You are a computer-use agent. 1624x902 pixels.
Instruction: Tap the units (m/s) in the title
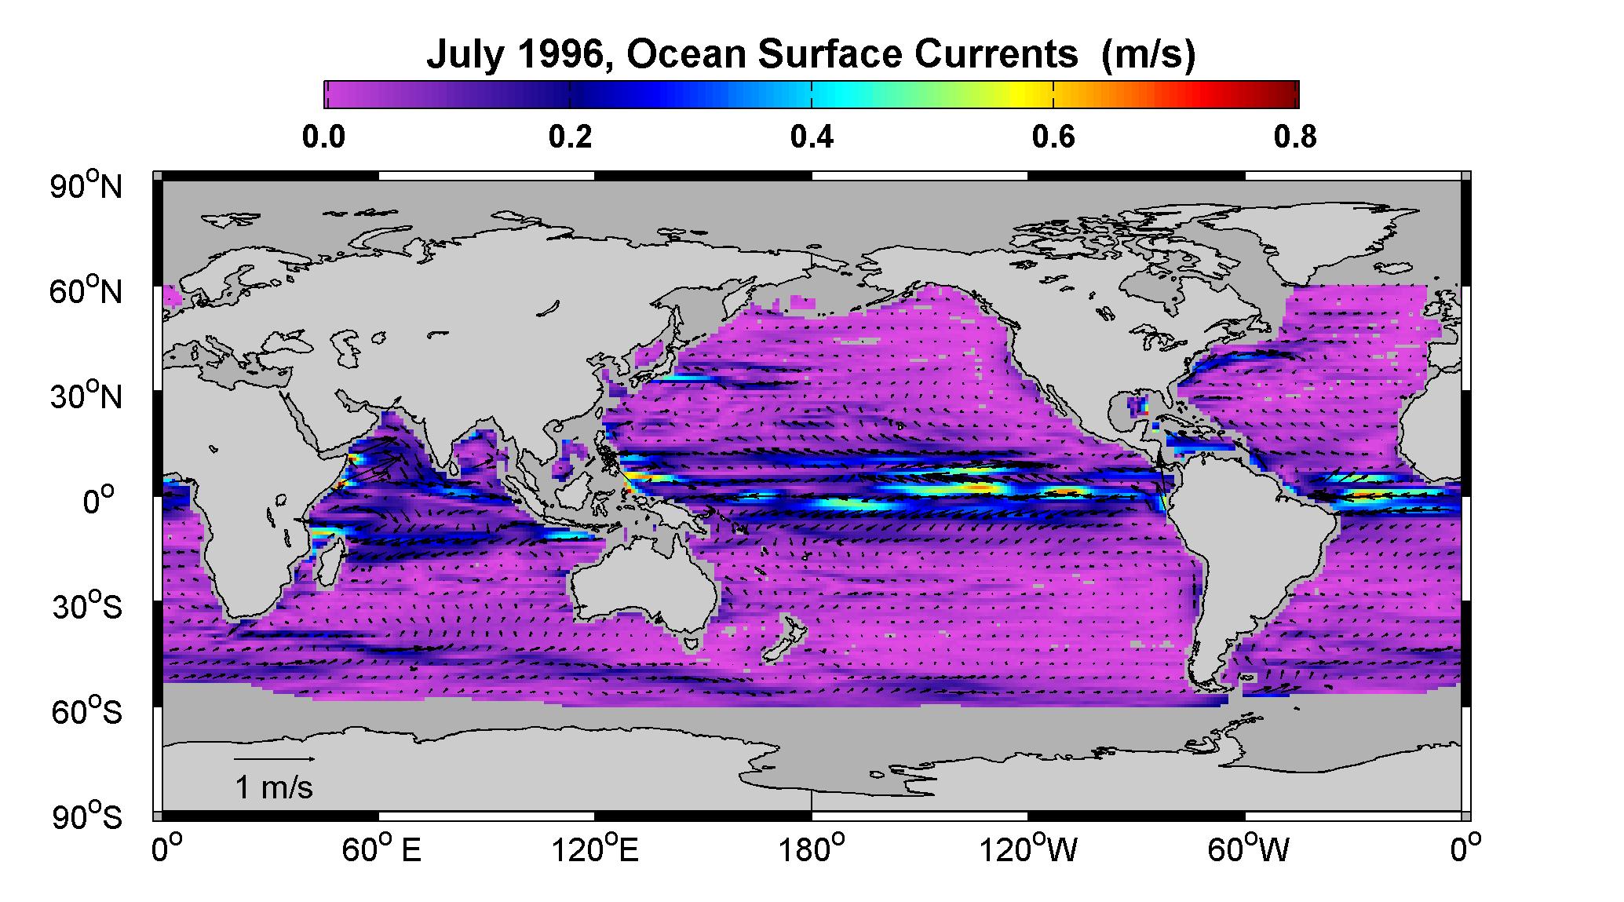coord(1148,57)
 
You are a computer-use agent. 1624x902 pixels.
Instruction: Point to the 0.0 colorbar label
coord(323,137)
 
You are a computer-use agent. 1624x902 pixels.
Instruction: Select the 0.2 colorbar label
coord(570,137)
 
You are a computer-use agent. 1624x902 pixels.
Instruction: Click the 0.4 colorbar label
coord(812,137)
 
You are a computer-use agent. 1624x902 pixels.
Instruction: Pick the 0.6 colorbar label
coord(1054,137)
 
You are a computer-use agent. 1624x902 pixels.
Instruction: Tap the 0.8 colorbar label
coord(1296,137)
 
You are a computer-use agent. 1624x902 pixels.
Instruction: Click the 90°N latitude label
coord(87,187)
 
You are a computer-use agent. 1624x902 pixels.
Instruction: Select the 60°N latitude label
coord(87,292)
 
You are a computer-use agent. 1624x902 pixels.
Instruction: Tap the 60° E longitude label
coord(381,850)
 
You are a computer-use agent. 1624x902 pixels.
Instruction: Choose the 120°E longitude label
coord(595,850)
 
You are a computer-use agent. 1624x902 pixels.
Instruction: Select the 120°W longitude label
coord(1028,850)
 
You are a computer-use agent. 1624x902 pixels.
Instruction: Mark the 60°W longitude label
coord(1248,850)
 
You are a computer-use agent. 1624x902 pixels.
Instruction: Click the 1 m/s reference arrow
coord(275,759)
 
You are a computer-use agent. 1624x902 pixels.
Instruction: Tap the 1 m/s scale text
coord(274,787)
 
